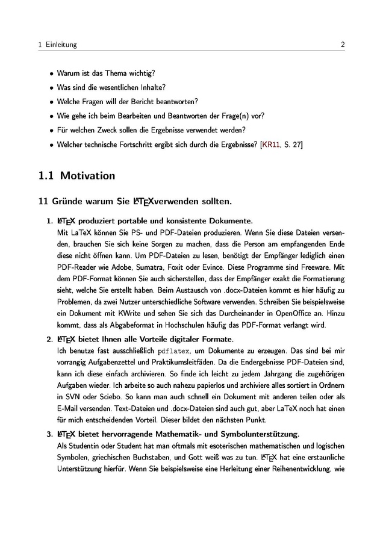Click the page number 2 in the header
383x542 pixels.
[342, 45]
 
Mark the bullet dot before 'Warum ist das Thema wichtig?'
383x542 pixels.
[51, 73]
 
